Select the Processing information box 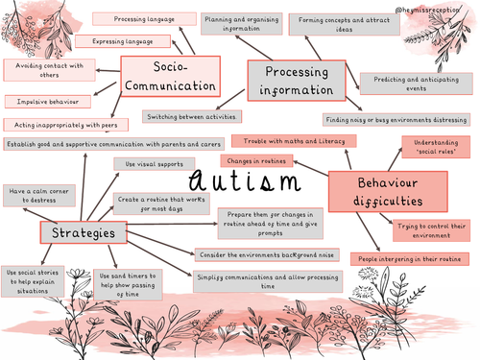coord(297,81)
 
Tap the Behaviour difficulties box coord(375,191)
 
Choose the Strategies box coord(84,233)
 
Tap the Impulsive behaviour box coord(47,101)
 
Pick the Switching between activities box coord(190,116)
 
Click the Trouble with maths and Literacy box coord(293,141)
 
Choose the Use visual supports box coord(152,164)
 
